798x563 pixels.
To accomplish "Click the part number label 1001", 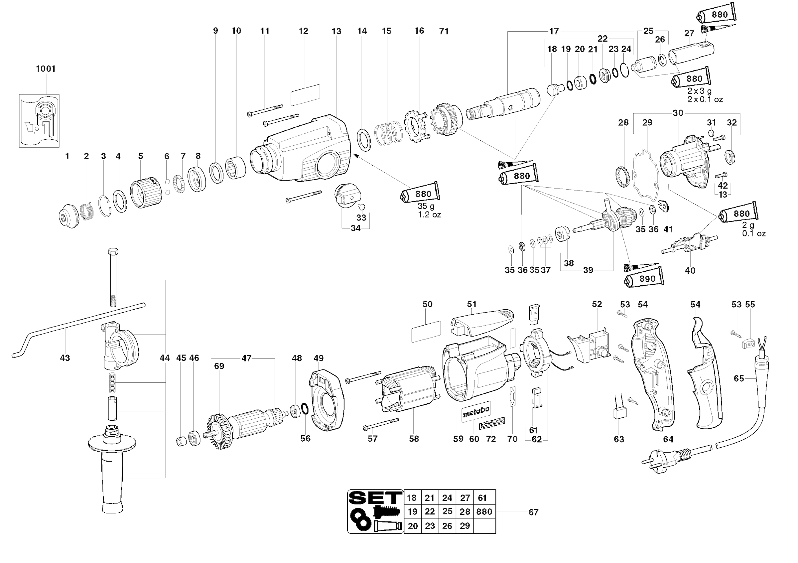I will point(46,69).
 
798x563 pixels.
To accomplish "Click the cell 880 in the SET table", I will point(484,511).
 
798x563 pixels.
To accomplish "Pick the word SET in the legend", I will point(375,498).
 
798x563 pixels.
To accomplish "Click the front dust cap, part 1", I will point(68,216).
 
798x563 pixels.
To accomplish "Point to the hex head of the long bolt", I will point(113,252).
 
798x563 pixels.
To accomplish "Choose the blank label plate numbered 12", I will point(305,94).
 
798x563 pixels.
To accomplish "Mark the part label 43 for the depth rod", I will point(65,357).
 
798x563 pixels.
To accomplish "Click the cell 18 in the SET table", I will point(412,498).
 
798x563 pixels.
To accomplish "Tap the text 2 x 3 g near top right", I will point(699,91).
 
